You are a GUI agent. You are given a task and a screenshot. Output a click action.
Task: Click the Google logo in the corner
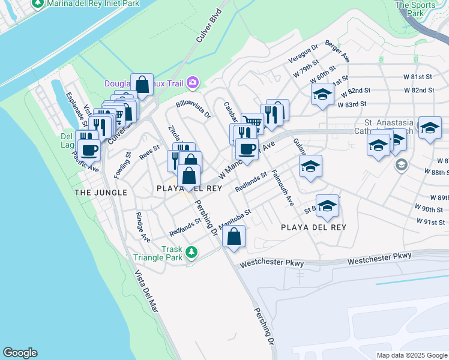[20, 353]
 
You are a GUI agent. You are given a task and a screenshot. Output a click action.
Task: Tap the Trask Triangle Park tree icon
[191, 251]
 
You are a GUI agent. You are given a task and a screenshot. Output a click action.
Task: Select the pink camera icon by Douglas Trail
[193, 82]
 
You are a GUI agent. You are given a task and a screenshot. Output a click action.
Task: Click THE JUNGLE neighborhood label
[100, 192]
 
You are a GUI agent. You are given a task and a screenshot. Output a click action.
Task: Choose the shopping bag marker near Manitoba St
[234, 236]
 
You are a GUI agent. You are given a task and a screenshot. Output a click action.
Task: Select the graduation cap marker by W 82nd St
[322, 94]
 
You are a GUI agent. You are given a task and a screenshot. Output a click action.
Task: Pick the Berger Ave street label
[337, 52]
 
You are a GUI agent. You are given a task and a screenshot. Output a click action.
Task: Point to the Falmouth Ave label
[282, 187]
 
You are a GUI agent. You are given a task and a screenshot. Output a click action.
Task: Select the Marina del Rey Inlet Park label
[89, 4]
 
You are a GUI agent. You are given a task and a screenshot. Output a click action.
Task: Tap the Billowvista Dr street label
[193, 108]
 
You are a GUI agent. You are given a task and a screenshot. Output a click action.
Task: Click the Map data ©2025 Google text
[411, 355]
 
